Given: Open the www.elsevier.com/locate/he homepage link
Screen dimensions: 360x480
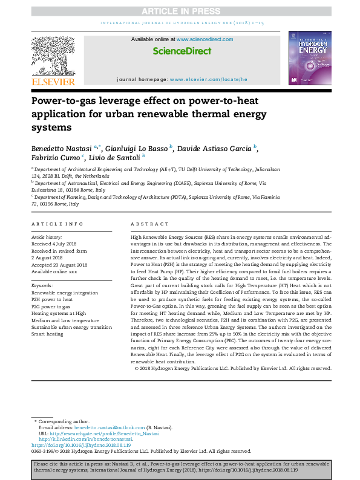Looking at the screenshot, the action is (x=209, y=79).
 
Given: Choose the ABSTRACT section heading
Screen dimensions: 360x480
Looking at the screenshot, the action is (x=145, y=223).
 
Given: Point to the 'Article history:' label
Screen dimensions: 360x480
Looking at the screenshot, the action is (x=46, y=238).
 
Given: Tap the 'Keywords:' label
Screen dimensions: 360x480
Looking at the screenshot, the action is (x=42, y=284).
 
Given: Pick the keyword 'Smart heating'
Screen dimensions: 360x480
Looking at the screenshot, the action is (x=48, y=333).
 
